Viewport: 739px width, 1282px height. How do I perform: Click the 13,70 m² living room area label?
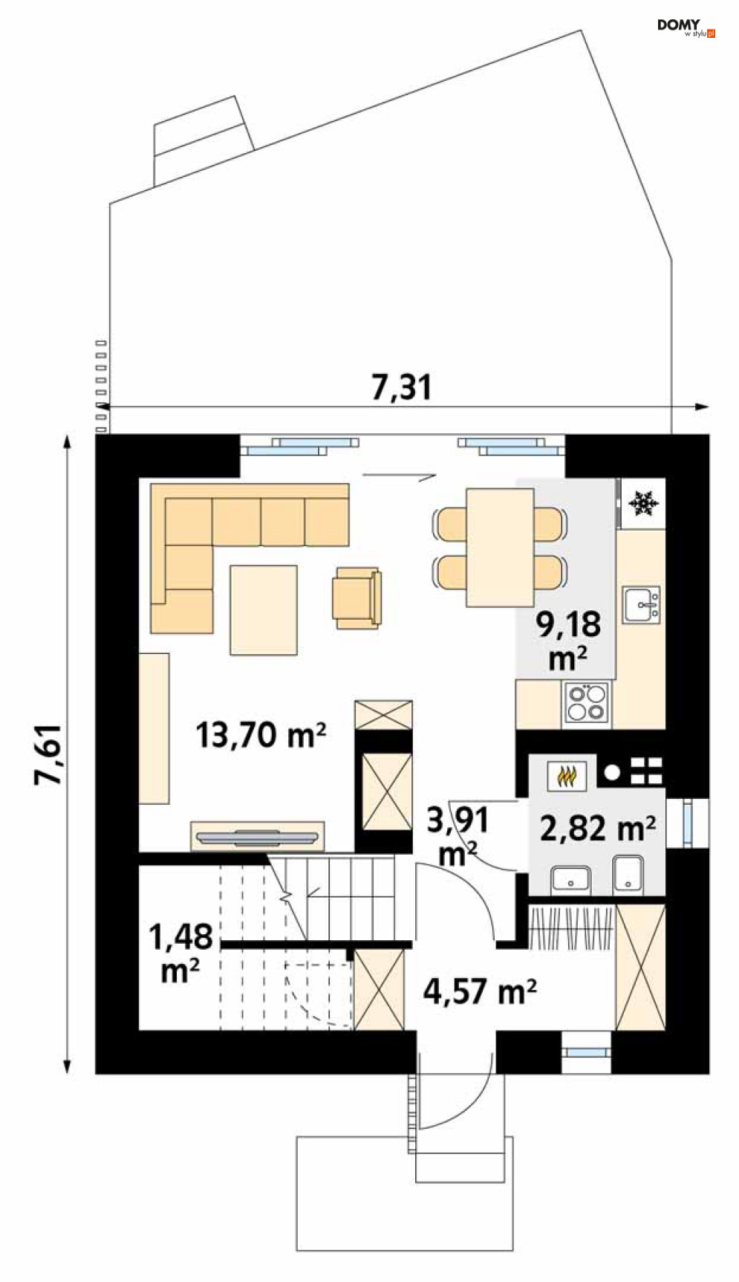tap(261, 735)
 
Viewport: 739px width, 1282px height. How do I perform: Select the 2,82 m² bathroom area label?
tap(598, 828)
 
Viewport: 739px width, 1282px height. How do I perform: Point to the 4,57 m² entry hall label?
tap(480, 991)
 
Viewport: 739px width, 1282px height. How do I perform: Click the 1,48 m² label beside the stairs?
tap(181, 954)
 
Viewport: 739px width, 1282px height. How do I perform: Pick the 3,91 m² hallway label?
tap(458, 837)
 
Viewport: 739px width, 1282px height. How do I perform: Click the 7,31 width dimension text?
tap(402, 387)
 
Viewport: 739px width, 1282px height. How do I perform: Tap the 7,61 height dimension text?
tap(50, 754)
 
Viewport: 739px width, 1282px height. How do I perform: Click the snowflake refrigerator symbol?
tap(643, 503)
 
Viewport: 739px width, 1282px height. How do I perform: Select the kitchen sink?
tap(641, 604)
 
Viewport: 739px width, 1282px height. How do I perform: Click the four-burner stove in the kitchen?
tap(586, 702)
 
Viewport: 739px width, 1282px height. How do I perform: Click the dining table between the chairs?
tap(500, 547)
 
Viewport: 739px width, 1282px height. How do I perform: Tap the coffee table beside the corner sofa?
tap(264, 609)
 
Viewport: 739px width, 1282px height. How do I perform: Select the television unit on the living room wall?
tap(258, 836)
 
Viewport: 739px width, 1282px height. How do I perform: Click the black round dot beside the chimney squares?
tap(611, 772)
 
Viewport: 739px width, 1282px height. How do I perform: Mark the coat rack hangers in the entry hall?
tap(572, 927)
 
